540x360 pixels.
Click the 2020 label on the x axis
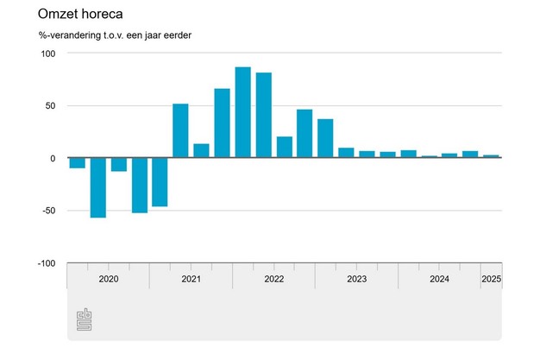(x=109, y=279)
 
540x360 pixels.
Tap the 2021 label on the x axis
(x=192, y=279)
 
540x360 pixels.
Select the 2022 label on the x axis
(x=273, y=279)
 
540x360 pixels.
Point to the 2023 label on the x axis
(x=356, y=279)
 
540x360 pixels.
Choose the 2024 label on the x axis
(x=439, y=279)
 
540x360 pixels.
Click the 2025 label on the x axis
(x=491, y=279)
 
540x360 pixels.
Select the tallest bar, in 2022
(x=242, y=113)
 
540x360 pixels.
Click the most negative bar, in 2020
(x=98, y=187)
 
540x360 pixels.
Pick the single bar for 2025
(x=491, y=156)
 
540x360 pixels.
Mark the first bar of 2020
(x=78, y=163)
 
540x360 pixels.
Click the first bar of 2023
(x=346, y=153)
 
